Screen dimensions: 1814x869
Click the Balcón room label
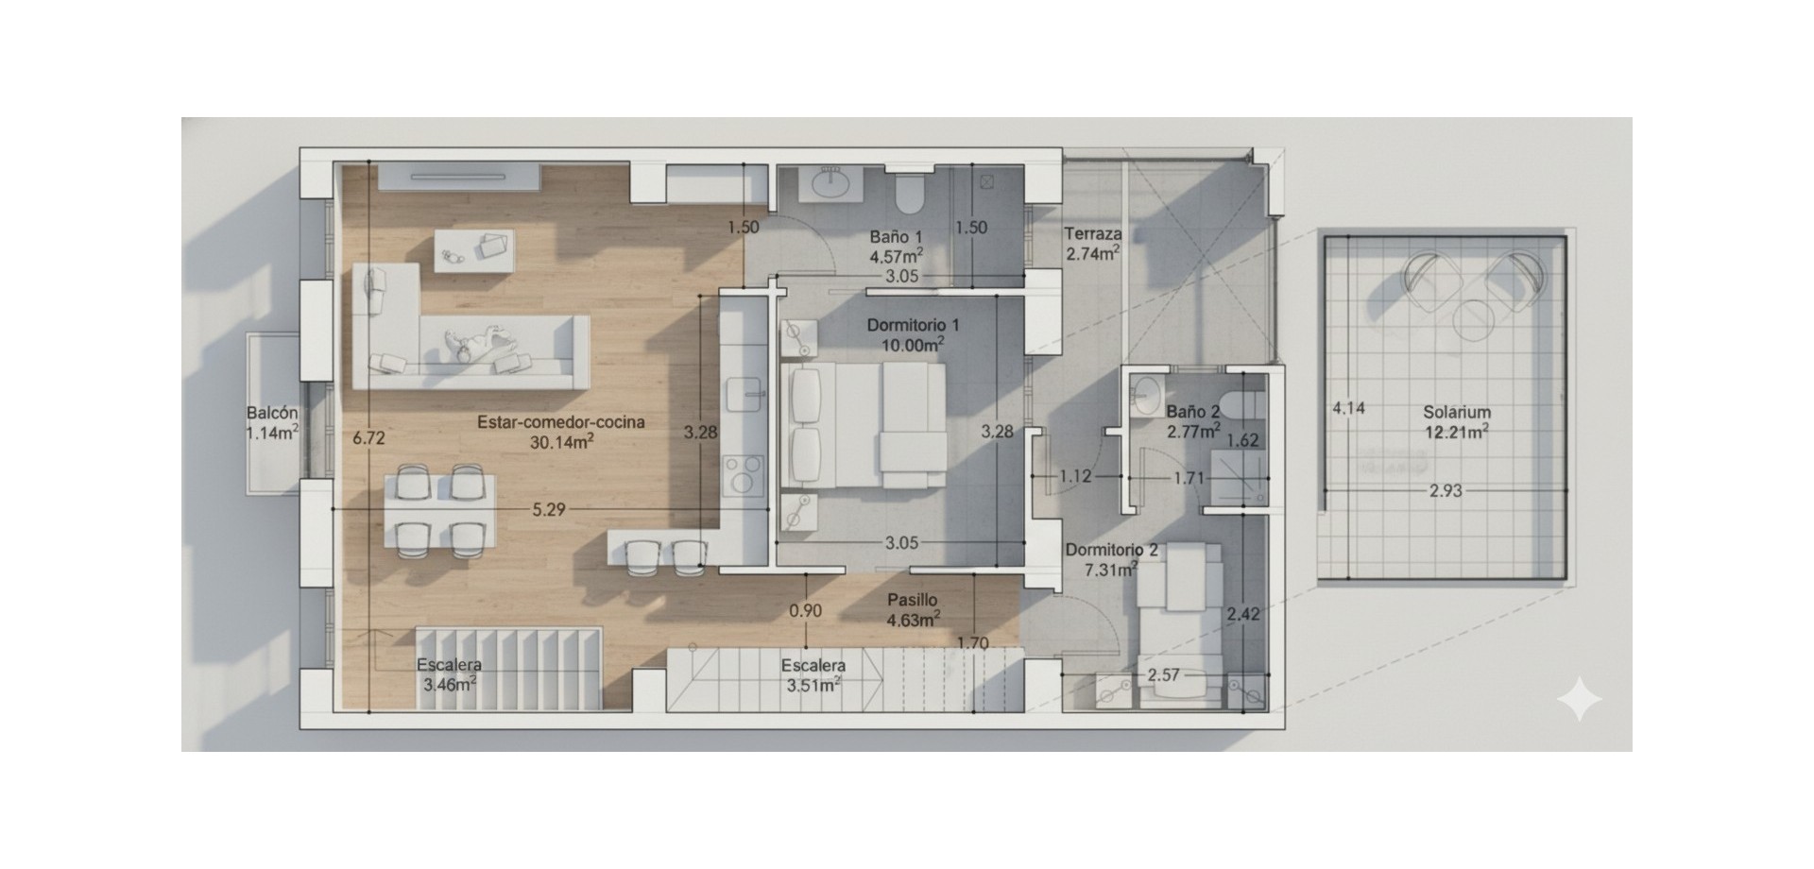(272, 413)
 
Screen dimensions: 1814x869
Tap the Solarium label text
(1457, 412)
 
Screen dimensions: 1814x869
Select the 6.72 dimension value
(368, 438)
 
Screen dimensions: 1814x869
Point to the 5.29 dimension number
(549, 510)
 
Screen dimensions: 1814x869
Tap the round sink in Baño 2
(1148, 395)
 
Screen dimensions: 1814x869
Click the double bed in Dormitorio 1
(864, 425)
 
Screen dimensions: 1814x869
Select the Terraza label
(1093, 233)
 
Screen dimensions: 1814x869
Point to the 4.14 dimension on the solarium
(1348, 409)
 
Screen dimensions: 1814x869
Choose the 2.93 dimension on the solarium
(1446, 490)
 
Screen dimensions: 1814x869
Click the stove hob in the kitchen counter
(743, 475)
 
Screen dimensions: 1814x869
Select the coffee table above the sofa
(475, 249)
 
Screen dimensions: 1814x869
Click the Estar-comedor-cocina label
(561, 422)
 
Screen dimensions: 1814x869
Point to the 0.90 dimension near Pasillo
(805, 611)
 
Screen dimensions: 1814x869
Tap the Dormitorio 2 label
(1111, 550)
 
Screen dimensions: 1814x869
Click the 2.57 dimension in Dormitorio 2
(1164, 675)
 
